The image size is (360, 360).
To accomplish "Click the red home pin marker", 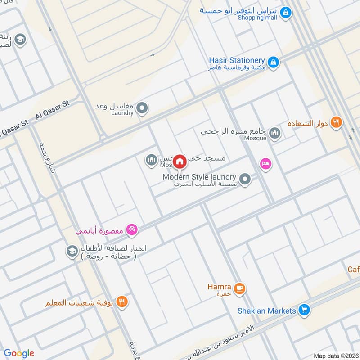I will [x=180, y=161].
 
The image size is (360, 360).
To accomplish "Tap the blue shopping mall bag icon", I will [x=285, y=13].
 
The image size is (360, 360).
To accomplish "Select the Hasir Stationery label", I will [x=236, y=60].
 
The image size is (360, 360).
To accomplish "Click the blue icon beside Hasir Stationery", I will [x=273, y=62].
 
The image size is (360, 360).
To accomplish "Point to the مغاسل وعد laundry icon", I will [x=142, y=108].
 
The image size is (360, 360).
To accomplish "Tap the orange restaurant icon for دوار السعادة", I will [x=336, y=122].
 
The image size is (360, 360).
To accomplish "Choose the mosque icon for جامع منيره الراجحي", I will [x=274, y=133].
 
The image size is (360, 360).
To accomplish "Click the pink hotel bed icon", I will [x=265, y=164].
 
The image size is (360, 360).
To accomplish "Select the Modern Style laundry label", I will [x=200, y=177].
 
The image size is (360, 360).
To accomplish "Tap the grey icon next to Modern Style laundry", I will [x=245, y=180].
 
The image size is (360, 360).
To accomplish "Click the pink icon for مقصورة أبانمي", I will [x=132, y=230].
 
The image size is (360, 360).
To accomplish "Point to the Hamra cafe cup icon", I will [x=239, y=288].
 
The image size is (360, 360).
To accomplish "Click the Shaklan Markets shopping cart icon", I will [x=305, y=310].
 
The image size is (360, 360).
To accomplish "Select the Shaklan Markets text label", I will [x=267, y=310].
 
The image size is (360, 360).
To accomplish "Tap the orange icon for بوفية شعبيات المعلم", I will [x=121, y=301].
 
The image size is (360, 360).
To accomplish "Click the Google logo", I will [x=19, y=353].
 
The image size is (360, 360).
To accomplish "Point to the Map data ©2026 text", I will [x=335, y=355].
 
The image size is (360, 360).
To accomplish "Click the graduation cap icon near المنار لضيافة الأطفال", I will [x=72, y=252].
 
